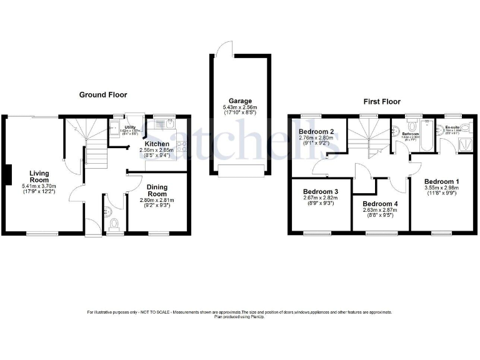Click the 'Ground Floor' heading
(103, 95)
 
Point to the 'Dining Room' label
(157, 190)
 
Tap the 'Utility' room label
(130, 127)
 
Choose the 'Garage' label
(240, 101)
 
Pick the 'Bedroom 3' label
(321, 192)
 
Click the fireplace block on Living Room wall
(7, 174)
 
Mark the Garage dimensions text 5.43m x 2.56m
(240, 107)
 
